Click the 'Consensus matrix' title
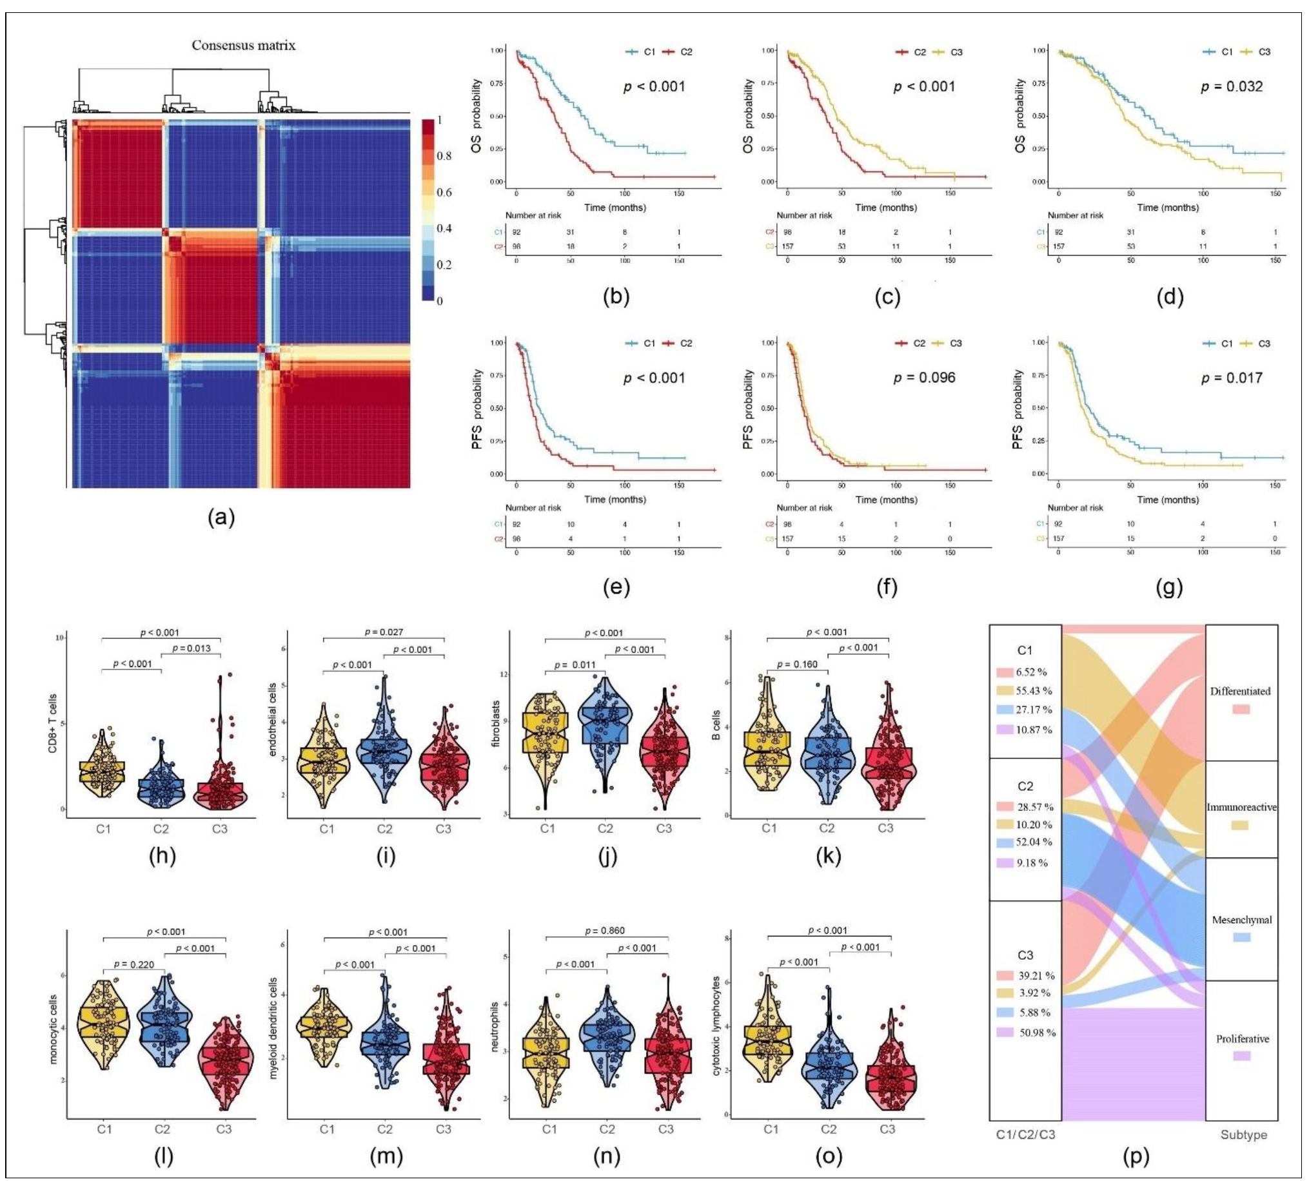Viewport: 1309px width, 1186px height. coord(244,45)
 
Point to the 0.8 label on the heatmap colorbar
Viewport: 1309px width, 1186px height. coord(444,156)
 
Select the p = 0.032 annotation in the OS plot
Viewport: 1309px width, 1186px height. coord(1231,86)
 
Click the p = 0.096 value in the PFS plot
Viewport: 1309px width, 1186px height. coord(924,378)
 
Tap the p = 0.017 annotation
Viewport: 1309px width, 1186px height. coord(1231,378)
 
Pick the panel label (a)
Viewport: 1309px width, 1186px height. coord(221,517)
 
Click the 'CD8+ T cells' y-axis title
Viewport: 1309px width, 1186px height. coord(53,723)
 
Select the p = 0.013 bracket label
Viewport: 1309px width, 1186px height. coord(192,648)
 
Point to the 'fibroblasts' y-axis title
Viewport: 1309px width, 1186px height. coord(497,724)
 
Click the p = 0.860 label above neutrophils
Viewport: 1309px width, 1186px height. coord(604,930)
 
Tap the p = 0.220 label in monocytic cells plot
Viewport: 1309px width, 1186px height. coord(134,964)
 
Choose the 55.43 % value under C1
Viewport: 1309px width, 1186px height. coord(1034,691)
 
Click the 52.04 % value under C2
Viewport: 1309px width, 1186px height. coord(1034,842)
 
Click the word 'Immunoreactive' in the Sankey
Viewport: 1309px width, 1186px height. coord(1241,807)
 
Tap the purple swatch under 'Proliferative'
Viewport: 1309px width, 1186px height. coord(1241,1056)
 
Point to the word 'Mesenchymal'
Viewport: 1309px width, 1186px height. coord(1241,920)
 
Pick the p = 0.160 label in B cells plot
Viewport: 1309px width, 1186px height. coord(798,664)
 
